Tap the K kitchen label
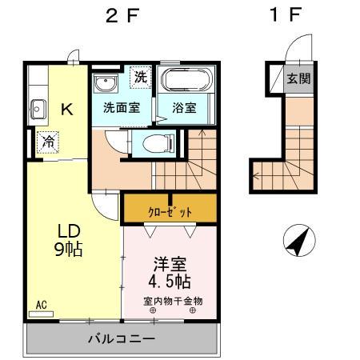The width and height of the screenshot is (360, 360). pos(68,110)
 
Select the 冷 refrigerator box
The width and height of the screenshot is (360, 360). pos(47,142)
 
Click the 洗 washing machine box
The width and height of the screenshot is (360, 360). pos(140,78)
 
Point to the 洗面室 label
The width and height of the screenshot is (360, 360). pos(118,107)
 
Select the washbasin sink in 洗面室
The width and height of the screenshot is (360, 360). pos(106,82)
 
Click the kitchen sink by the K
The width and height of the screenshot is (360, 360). pos(37,108)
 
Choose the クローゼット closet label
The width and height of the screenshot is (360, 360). pos(168,211)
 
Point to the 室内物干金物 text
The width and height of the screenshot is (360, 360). pos(173,301)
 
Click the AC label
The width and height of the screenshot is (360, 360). pos(42,305)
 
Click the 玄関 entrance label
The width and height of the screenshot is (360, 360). pos(299,78)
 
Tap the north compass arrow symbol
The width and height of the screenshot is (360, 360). pos(297,243)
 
